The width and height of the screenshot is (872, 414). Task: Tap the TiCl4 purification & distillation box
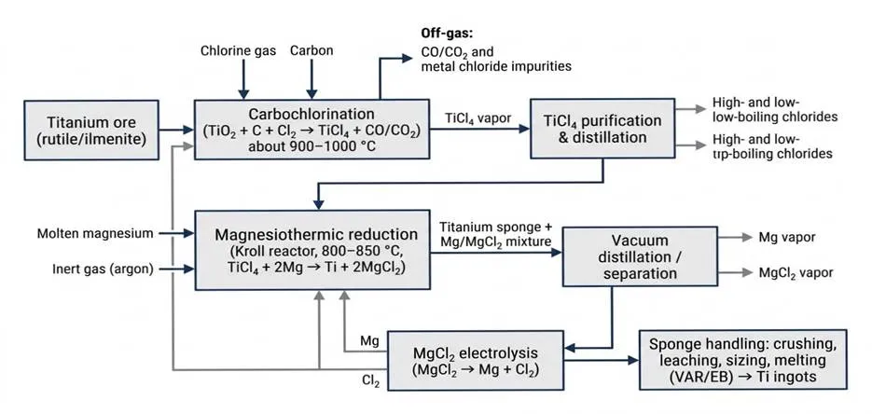602,129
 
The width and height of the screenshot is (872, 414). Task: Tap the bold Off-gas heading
448,35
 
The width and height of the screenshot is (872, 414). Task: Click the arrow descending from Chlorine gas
242,79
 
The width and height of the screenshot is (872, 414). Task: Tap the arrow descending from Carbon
311,79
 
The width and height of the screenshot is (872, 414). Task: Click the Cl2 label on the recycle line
370,380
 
